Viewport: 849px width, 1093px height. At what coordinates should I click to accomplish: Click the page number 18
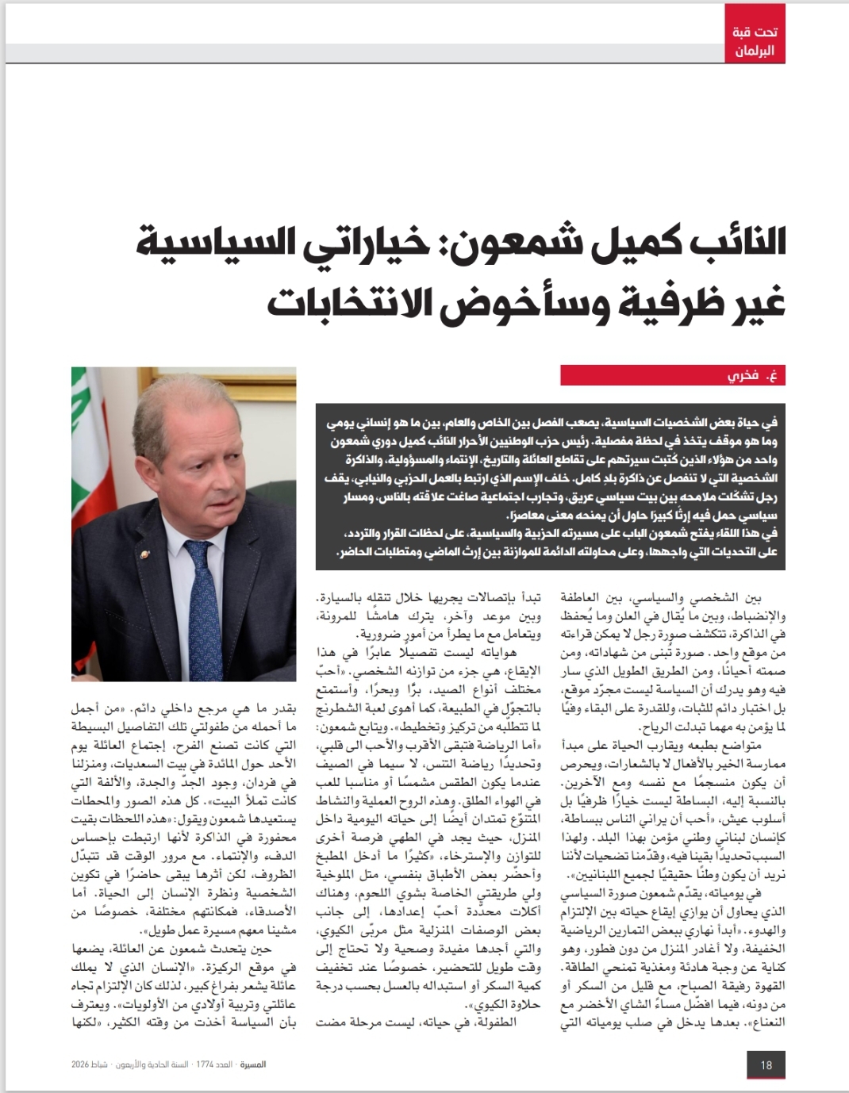pyautogui.click(x=766, y=1064)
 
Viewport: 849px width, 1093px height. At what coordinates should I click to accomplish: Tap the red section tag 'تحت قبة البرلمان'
pyautogui.click(x=754, y=42)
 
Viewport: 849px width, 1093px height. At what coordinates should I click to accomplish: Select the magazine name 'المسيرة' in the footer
pyautogui.click(x=253, y=1064)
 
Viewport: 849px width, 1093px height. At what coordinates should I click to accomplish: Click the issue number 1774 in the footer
pyautogui.click(x=206, y=1064)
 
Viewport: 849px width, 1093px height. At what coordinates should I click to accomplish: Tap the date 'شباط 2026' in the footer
pyautogui.click(x=89, y=1064)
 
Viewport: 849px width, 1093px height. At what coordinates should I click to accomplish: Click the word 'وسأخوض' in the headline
pyautogui.click(x=515, y=302)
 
